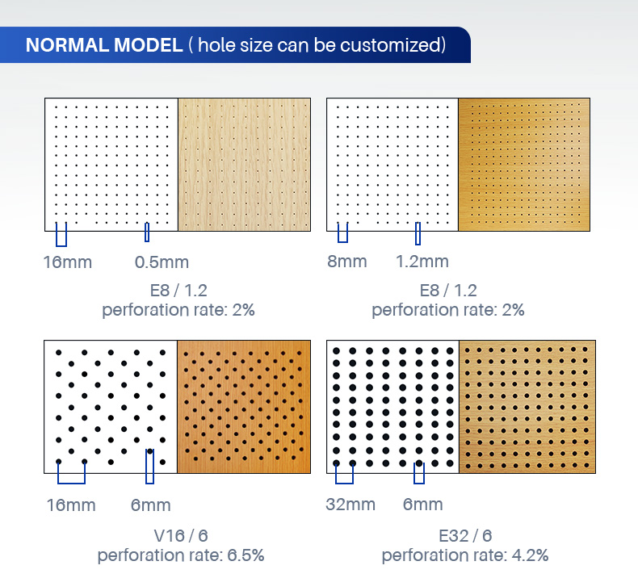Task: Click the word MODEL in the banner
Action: [x=148, y=44]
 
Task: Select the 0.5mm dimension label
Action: [x=162, y=262]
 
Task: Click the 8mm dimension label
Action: [x=347, y=262]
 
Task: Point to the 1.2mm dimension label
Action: [x=422, y=262]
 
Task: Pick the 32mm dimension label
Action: [x=350, y=505]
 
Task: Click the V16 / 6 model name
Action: [x=181, y=536]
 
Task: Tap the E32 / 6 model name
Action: [x=465, y=536]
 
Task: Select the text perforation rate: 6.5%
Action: [x=181, y=555]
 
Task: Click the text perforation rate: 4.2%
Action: [x=465, y=555]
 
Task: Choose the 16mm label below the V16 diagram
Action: [x=71, y=505]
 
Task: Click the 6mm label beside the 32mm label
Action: [x=422, y=505]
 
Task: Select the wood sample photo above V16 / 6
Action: [x=244, y=407]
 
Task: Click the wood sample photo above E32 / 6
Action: [x=527, y=407]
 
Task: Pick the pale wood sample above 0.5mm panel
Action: [x=244, y=165]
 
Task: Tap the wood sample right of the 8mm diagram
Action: [x=524, y=165]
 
